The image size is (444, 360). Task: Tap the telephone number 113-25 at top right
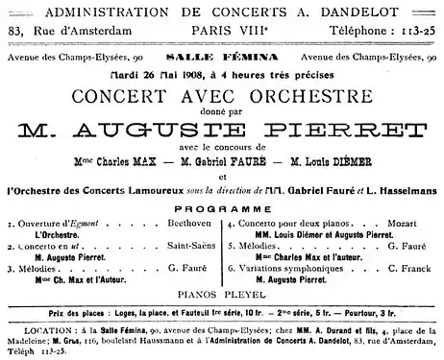pos(415,30)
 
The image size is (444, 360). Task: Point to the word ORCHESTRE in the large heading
pos(291,96)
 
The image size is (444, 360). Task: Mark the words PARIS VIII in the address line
pos(223,31)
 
